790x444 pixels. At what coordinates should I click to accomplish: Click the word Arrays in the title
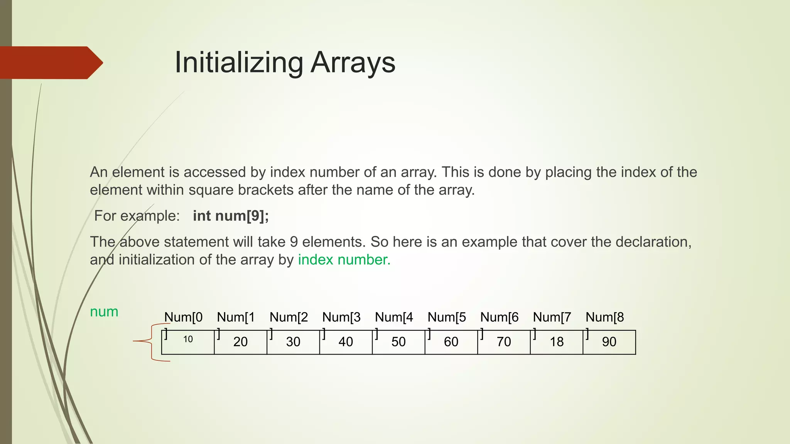tap(353, 62)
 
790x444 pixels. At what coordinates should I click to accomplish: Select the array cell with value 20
tap(240, 342)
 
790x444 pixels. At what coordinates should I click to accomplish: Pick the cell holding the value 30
tap(293, 342)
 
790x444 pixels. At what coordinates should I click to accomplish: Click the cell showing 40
tap(346, 342)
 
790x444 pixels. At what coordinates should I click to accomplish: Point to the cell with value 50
tap(398, 342)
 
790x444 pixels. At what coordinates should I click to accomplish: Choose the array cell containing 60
tap(451, 342)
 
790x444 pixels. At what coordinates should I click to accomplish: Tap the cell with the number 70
tap(504, 342)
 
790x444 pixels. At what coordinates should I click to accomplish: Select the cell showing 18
tap(557, 342)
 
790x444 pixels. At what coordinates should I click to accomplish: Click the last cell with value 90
tap(609, 342)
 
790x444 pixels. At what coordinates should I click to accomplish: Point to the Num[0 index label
tap(183, 317)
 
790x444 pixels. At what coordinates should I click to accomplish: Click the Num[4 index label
tap(394, 317)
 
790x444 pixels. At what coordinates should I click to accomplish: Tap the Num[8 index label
tap(604, 317)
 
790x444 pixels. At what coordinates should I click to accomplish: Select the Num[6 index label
tap(499, 317)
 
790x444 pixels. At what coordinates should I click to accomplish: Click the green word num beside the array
tap(104, 311)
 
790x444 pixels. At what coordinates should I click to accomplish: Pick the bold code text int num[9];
tap(231, 216)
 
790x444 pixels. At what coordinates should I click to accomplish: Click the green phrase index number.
tap(344, 260)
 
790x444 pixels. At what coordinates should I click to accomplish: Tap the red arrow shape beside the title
tap(50, 63)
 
